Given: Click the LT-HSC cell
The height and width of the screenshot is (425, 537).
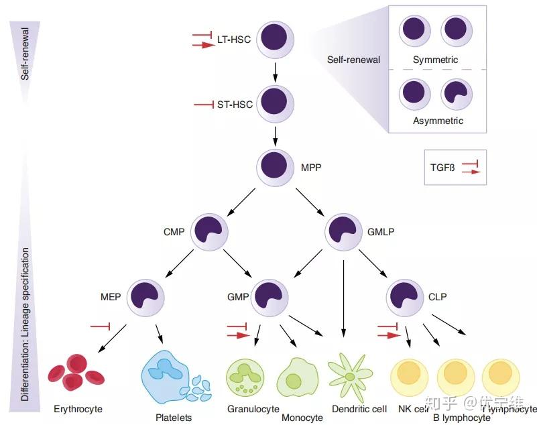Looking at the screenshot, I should click(276, 38).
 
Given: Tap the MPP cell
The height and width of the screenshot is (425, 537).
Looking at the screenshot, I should click(276, 165).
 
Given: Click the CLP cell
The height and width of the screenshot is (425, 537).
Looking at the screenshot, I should click(406, 296).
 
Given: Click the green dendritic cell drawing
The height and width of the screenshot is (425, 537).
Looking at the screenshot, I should click(349, 376).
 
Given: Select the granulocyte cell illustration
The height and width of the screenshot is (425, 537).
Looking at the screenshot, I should click(243, 377).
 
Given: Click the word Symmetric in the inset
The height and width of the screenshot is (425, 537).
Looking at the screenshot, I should click(435, 60).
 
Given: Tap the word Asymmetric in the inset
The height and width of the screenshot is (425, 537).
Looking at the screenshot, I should click(437, 121).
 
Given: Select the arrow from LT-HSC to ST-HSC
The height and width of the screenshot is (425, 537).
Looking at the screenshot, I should click(276, 71).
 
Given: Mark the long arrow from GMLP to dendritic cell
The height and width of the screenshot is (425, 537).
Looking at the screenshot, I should click(343, 295).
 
